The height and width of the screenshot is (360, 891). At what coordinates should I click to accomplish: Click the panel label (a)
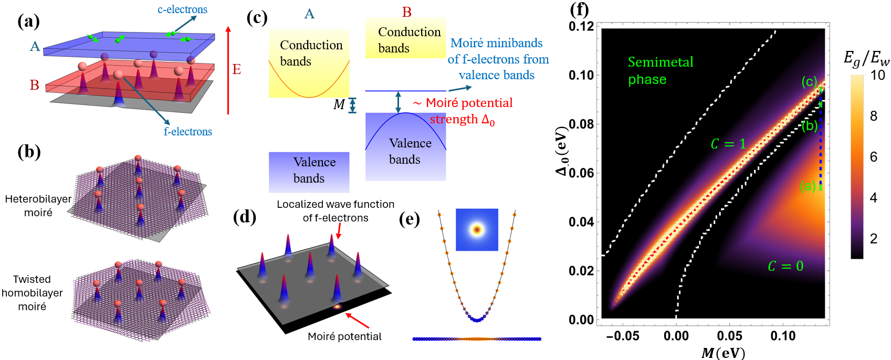[x=28, y=21]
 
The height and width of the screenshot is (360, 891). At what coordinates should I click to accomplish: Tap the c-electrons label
[x=182, y=9]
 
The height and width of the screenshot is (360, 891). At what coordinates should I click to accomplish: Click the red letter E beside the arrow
[x=237, y=69]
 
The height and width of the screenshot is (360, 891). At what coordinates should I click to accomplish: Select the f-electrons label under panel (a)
[x=188, y=132]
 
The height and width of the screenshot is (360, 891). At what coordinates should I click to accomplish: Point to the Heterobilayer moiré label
[x=38, y=206]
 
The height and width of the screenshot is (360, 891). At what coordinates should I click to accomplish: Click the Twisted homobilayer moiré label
[x=32, y=293]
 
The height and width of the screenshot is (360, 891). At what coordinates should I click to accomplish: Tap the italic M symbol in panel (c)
[x=339, y=105]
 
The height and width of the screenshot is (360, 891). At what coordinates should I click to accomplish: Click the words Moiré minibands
[x=496, y=43]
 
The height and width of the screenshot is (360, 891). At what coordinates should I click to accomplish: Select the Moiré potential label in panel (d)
[x=344, y=336]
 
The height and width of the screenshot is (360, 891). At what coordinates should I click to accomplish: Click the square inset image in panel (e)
[x=477, y=229]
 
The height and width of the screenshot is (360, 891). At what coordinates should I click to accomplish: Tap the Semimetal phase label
[x=660, y=71]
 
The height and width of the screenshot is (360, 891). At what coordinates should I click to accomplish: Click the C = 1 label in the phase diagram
[x=728, y=144]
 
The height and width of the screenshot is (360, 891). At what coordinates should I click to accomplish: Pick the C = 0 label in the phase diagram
[x=785, y=266]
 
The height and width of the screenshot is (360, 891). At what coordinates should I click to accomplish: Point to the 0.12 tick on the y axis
[x=581, y=26]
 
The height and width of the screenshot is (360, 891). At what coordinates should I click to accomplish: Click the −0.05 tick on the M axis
[x=623, y=336]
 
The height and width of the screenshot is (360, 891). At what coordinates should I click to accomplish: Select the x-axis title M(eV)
[x=724, y=353]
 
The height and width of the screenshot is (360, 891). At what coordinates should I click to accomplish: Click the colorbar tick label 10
[x=877, y=75]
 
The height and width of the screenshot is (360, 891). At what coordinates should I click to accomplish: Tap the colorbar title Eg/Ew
[x=866, y=58]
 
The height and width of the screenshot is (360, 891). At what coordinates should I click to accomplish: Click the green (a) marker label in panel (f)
[x=808, y=186]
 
